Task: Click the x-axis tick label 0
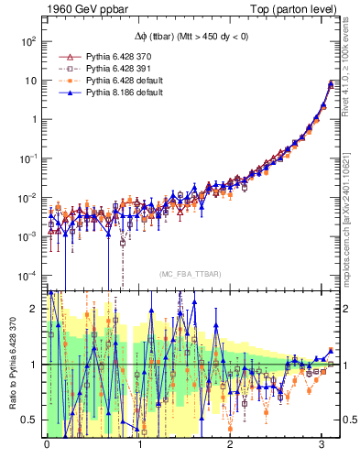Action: [47, 446]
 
